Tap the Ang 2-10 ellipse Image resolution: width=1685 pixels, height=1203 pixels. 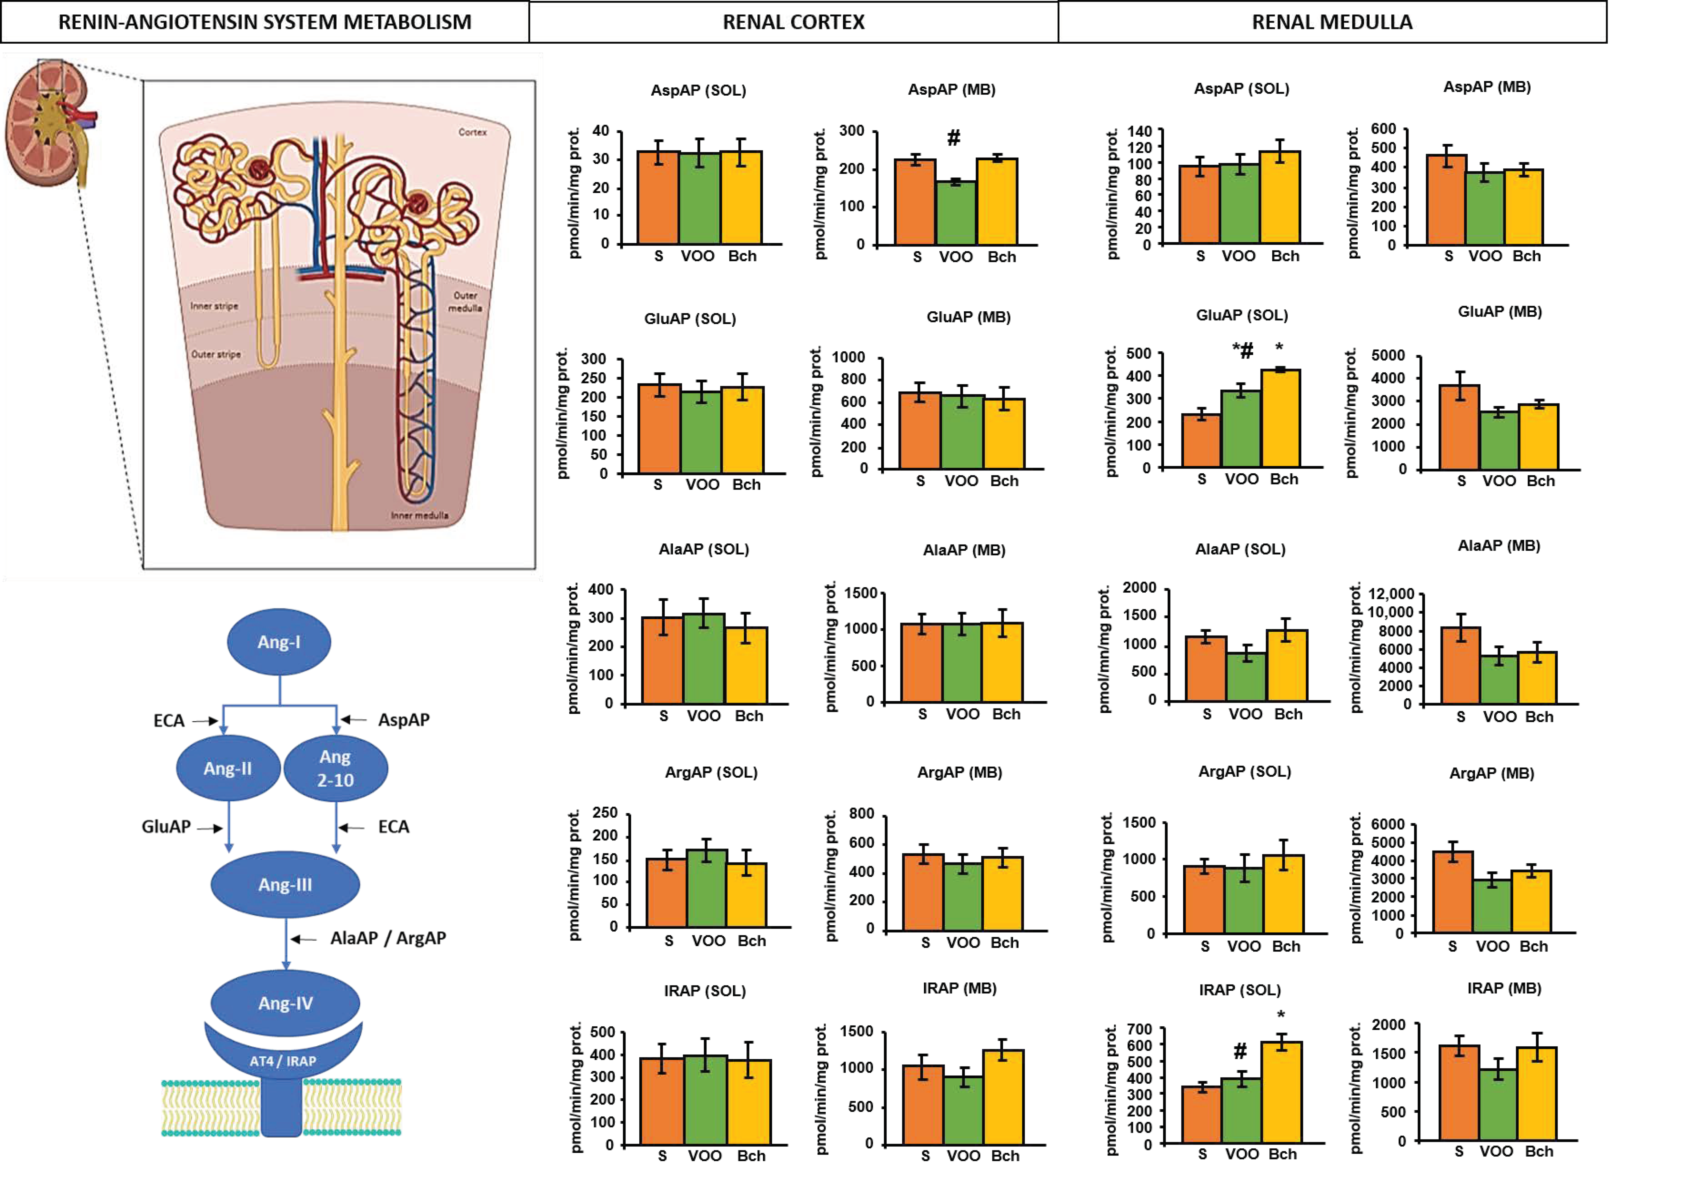tap(335, 768)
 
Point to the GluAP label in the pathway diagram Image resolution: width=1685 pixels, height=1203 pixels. tap(166, 826)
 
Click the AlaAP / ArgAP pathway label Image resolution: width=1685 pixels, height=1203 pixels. tap(388, 938)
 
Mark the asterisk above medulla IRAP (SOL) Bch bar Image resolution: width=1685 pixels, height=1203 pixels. tap(1281, 1015)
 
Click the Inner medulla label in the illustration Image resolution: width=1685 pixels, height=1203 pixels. tap(419, 515)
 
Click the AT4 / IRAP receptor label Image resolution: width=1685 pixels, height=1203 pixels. tap(283, 1061)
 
